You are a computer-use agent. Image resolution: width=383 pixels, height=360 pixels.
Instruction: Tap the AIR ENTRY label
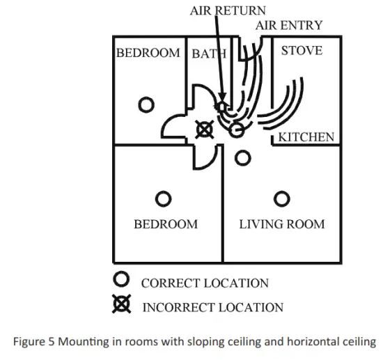pos(289,25)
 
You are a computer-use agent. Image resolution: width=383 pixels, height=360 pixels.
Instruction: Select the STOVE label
pos(301,51)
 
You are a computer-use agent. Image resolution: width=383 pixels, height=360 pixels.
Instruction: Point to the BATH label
pos(209,54)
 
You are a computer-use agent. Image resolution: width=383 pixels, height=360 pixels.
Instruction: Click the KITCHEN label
pos(306,137)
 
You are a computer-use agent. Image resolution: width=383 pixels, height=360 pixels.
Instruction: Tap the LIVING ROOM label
pos(281,224)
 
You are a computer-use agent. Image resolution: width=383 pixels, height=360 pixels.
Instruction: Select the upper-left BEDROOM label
pos(148,53)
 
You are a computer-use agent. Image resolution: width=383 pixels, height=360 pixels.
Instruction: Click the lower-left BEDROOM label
pos(166,224)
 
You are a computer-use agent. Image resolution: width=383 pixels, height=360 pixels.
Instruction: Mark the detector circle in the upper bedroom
pos(146,105)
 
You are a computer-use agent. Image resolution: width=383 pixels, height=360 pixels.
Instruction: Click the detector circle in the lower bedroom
pos(163,200)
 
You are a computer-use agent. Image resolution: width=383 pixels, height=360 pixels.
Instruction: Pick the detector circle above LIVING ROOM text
pos(281,200)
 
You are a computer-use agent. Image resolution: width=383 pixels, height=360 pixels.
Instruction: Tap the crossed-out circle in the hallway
pos(204,128)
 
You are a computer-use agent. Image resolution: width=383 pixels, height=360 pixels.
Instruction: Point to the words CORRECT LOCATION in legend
pos(205,283)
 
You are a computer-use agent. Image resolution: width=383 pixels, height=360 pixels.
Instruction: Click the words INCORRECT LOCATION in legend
pos(212,307)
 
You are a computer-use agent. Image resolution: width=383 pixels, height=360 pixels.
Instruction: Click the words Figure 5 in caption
pos(36,342)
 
